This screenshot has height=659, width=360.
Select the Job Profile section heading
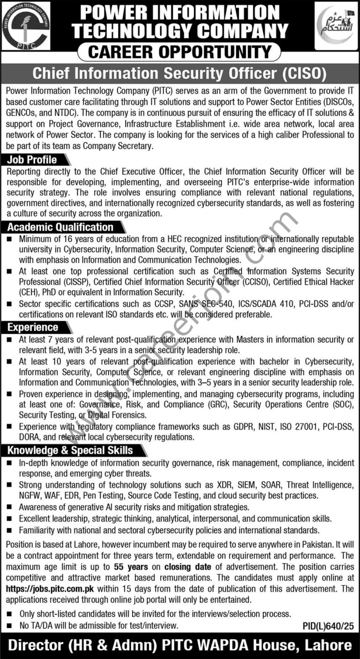[32, 160]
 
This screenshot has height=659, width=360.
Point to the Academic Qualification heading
[60, 227]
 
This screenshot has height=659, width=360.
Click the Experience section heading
[33, 327]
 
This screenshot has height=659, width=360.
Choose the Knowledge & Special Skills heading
[70, 450]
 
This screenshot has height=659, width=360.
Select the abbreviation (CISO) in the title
[303, 74]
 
